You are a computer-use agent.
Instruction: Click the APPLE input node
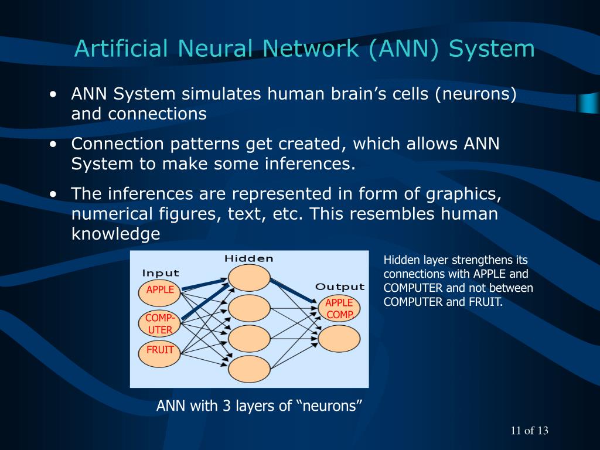point(160,290)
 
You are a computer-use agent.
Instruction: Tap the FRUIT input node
point(160,350)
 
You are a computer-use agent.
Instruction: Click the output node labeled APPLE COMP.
point(339,308)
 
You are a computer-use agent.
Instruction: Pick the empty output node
point(339,339)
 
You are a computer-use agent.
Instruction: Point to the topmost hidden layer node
point(249,277)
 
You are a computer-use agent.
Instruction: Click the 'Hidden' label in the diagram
point(249,258)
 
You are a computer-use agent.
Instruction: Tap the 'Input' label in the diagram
point(161,273)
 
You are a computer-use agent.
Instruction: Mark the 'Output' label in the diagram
point(340,287)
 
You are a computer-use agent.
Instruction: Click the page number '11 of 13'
point(529,431)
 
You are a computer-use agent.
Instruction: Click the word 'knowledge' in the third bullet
point(115,234)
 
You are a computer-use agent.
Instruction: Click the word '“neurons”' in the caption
point(329,406)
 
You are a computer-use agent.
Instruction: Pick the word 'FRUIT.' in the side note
point(487,302)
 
